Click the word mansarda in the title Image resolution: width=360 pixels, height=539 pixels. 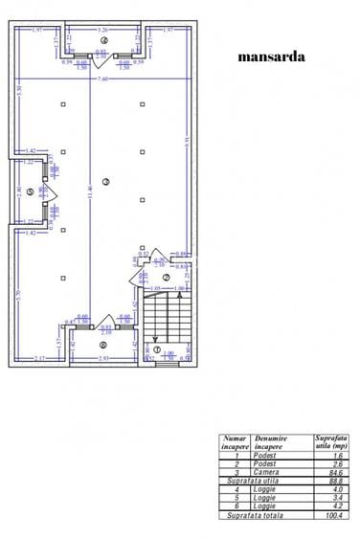[x=271, y=56]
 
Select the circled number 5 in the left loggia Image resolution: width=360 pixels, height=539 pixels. [x=31, y=191]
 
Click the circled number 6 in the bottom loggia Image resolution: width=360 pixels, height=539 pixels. [x=102, y=346]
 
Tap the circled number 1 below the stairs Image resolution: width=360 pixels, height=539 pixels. [x=156, y=349]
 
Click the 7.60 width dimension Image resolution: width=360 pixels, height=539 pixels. [x=103, y=79]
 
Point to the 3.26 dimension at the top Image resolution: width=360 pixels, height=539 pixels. [x=101, y=30]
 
